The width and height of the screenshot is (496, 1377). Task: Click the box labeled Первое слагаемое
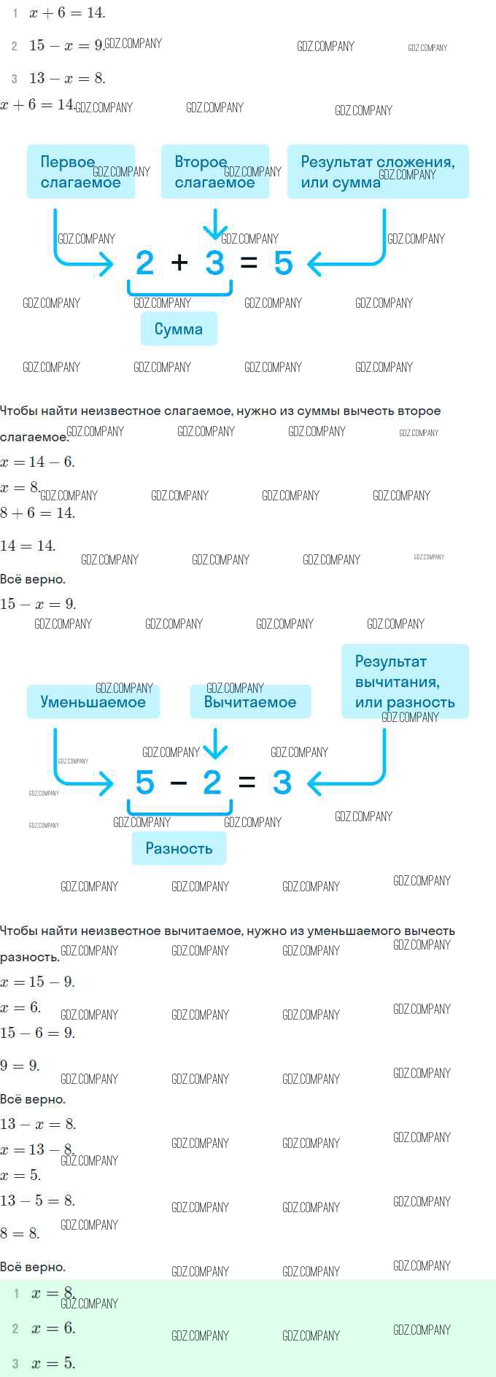tap(81, 171)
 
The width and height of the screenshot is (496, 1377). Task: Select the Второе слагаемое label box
tap(214, 171)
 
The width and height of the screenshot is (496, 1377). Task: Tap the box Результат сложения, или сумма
tap(378, 171)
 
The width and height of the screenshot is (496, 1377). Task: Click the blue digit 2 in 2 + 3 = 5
tap(145, 263)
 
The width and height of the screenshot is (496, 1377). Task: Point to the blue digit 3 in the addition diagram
tap(214, 263)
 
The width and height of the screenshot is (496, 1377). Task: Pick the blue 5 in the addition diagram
tap(283, 263)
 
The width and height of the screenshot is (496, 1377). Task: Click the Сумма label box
tap(179, 329)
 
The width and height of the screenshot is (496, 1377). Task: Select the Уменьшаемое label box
tap(93, 702)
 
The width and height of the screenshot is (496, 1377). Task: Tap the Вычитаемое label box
tap(250, 702)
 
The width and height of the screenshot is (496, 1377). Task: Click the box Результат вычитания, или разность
tap(405, 681)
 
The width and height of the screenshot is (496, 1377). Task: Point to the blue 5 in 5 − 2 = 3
tap(145, 783)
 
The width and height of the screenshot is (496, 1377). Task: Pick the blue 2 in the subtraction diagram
tap(212, 783)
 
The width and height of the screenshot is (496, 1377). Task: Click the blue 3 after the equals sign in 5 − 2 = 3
tap(282, 783)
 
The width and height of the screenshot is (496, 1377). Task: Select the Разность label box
tap(179, 848)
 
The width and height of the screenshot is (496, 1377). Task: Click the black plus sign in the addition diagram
tap(179, 263)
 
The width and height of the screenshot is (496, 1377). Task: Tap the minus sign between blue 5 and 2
tap(179, 783)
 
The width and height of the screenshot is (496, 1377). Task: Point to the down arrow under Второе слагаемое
tap(215, 225)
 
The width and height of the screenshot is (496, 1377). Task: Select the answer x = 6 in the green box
tap(53, 1328)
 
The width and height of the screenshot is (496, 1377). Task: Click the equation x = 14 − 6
tap(37, 462)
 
